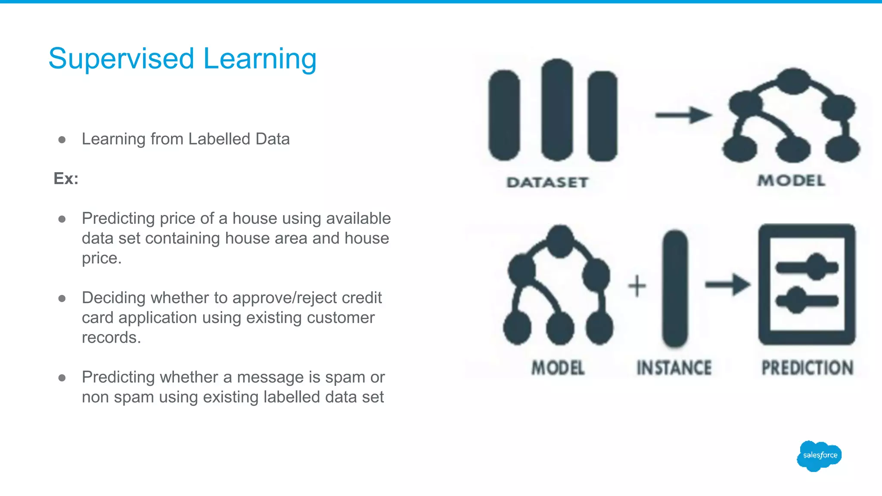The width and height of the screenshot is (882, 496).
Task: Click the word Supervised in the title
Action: click(x=121, y=59)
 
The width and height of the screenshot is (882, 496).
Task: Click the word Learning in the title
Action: click(x=260, y=59)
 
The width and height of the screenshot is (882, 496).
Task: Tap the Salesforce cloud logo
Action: click(x=819, y=456)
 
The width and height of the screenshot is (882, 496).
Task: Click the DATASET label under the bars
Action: click(x=547, y=182)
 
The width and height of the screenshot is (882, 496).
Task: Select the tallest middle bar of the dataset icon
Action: click(x=557, y=110)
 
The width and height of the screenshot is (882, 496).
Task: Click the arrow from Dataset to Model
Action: click(x=683, y=115)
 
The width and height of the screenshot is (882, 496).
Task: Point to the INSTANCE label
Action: click(x=674, y=368)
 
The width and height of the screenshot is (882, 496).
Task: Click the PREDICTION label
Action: click(x=807, y=368)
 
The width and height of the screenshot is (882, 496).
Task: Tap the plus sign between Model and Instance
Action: click(x=637, y=286)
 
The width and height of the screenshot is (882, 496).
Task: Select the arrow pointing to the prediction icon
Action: click(x=727, y=284)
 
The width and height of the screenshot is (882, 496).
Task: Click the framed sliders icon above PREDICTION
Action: click(x=807, y=284)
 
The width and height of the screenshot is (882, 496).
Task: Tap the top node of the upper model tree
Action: click(x=793, y=81)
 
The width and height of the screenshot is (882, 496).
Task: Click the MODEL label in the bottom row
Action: click(x=558, y=368)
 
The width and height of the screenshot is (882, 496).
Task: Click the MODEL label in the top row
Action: click(x=792, y=180)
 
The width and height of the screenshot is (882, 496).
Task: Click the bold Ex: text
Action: click(x=66, y=178)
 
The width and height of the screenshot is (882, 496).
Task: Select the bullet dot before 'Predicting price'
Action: click(x=62, y=219)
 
